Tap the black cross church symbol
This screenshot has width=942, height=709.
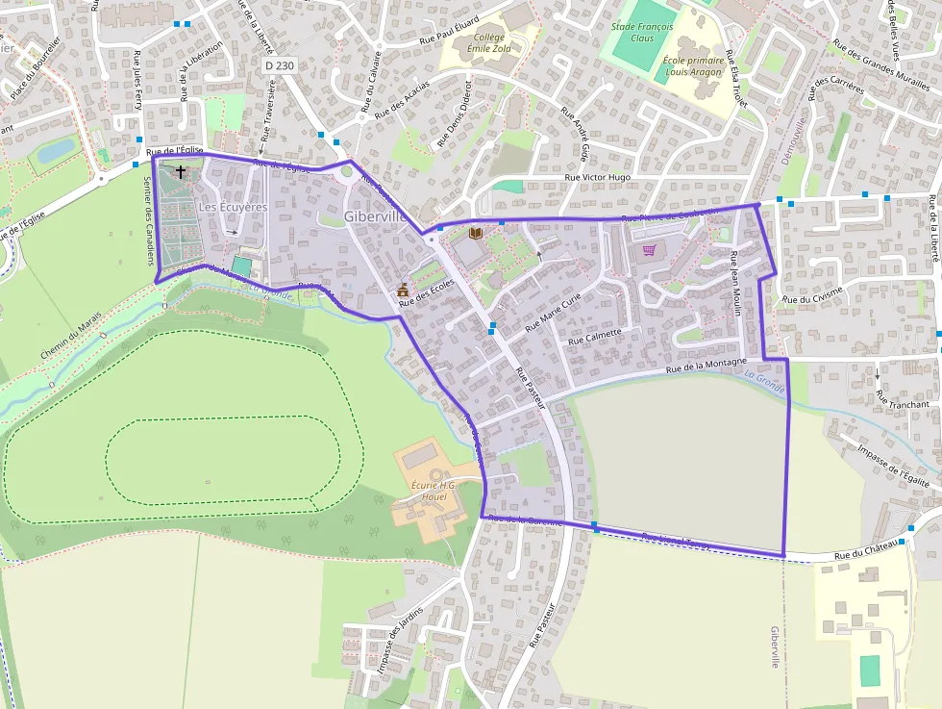pos(180,171)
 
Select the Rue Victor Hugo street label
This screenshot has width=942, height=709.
pos(598,178)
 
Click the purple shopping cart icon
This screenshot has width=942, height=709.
pos(650,250)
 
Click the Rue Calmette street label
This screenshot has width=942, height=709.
pos(595,337)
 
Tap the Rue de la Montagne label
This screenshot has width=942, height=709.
pos(706,365)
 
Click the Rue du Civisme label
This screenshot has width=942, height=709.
pos(812,299)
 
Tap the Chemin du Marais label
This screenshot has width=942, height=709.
pos(71,338)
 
